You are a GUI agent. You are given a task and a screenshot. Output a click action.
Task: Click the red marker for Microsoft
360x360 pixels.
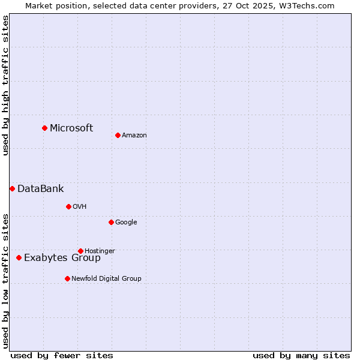coord(44,128)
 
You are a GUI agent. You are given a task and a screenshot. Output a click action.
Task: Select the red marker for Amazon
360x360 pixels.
coord(118,135)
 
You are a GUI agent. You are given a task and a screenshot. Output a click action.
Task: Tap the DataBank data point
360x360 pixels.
coord(12,188)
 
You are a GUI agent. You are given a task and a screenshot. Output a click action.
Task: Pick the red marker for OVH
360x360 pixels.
coord(68,206)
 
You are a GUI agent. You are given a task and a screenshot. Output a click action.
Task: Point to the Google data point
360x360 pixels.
coord(111,222)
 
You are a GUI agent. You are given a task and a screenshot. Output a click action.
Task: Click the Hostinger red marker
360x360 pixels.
coord(80,251)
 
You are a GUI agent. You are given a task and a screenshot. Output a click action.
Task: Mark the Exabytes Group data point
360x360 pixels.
coord(19,257)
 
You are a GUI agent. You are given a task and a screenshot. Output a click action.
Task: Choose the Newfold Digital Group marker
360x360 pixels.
coord(67,278)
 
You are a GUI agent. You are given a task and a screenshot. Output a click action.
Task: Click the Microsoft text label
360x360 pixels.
coord(71,128)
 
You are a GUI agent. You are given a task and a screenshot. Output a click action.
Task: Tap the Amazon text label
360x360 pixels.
coord(134,135)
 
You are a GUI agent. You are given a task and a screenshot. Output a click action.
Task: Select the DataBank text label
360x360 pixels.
coord(40,188)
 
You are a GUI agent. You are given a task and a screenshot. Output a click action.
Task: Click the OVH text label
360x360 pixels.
coord(80,206)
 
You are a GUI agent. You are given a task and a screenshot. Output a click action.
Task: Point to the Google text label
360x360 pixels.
coord(126,222)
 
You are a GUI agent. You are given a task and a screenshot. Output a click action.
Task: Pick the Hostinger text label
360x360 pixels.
coord(100,251)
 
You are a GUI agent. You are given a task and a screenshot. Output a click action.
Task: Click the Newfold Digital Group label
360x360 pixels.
coord(106,278)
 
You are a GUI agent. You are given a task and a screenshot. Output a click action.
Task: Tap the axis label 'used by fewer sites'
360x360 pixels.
coord(62,355)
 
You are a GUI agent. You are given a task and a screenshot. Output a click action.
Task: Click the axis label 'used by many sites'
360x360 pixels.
coord(301,355)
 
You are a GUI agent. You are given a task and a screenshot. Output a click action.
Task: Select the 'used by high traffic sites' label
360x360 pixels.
coord(5,85)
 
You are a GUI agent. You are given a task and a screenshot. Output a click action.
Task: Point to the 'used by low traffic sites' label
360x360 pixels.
coord(5,280)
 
